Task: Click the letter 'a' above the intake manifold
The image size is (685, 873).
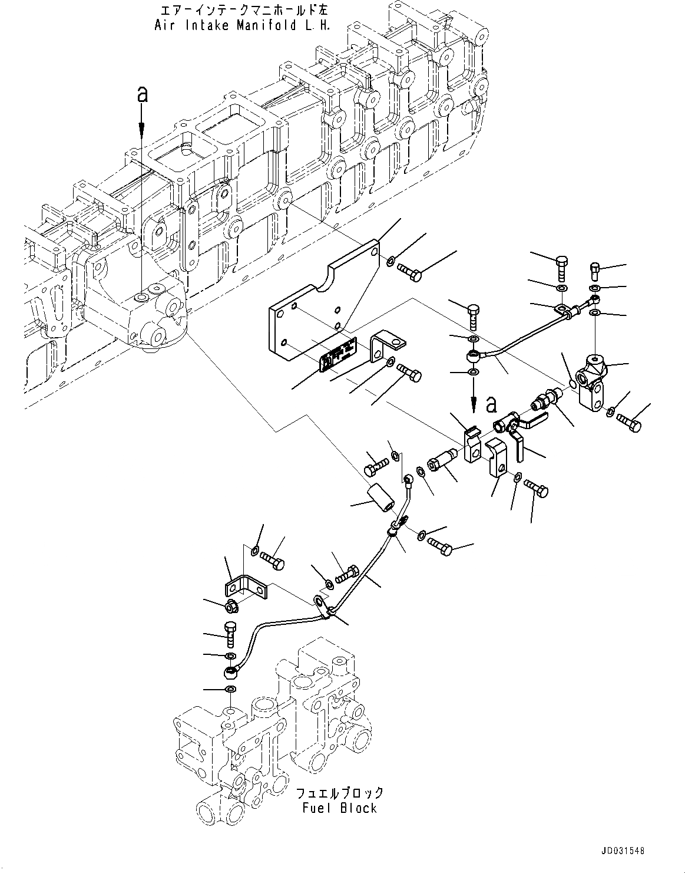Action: [x=141, y=94]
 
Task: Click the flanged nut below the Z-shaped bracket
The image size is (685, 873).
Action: [x=231, y=605]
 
